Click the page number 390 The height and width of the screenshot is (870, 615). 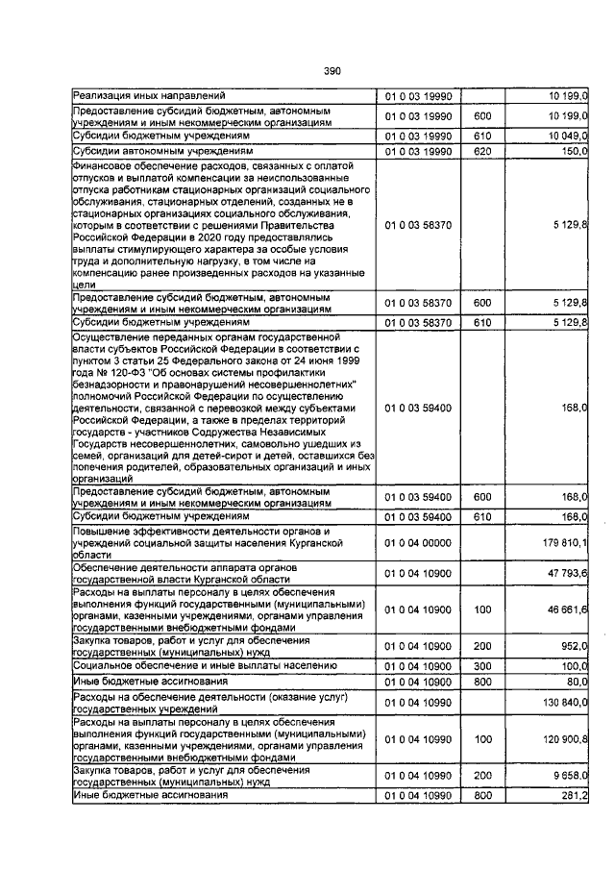332,71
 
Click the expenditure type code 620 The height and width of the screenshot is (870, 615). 482,151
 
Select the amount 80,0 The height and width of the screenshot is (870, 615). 576,680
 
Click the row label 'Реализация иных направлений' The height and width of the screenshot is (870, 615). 149,95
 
